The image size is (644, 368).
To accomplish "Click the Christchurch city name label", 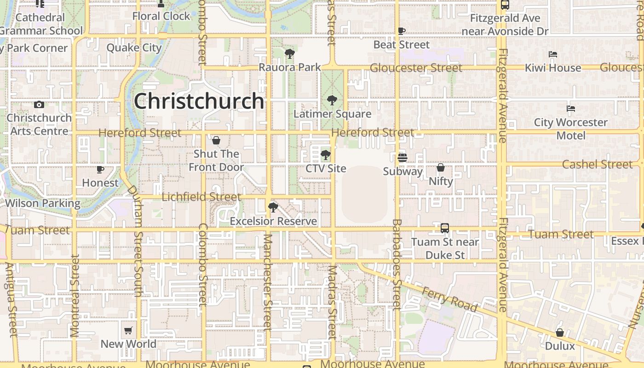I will click(199, 101).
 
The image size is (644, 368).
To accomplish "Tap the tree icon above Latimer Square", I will click(332, 100).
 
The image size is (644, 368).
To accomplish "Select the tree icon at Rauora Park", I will click(289, 54).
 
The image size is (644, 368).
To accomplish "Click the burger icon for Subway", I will click(402, 158).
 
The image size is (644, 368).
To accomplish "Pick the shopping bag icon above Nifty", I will click(441, 167).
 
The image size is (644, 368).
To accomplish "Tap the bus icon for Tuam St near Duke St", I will click(444, 228).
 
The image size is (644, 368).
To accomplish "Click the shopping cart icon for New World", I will click(128, 330).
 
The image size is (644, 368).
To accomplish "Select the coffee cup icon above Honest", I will click(100, 169).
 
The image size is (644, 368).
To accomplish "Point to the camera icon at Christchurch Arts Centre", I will click(39, 104).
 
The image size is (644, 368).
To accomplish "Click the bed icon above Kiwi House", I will click(553, 54).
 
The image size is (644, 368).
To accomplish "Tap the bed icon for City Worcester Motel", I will click(571, 109).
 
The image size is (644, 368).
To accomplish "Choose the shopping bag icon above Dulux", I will click(560, 332).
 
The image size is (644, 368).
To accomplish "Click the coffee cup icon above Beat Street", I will click(402, 31).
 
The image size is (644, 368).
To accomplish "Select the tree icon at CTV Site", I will click(326, 155).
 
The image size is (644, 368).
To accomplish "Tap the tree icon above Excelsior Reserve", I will click(273, 207).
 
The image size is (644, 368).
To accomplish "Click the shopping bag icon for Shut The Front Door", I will click(216, 140).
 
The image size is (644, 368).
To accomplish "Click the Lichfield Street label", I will click(201, 197).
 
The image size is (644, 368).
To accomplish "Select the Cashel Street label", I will click(597, 164).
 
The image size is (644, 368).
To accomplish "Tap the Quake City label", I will click(134, 48).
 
